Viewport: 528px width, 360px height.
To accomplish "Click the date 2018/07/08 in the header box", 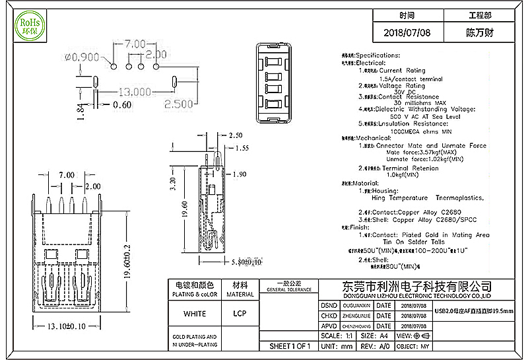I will click(x=407, y=32).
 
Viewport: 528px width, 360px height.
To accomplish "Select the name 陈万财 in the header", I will click(x=480, y=32).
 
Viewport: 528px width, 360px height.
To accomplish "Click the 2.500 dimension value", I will click(x=178, y=104).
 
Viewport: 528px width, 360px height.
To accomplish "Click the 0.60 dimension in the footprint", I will click(x=122, y=104).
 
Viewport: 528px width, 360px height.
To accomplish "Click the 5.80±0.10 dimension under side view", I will click(x=224, y=262).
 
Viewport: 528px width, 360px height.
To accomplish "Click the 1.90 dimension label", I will click(x=240, y=174).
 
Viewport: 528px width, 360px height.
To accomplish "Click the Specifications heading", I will click(x=378, y=55).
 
